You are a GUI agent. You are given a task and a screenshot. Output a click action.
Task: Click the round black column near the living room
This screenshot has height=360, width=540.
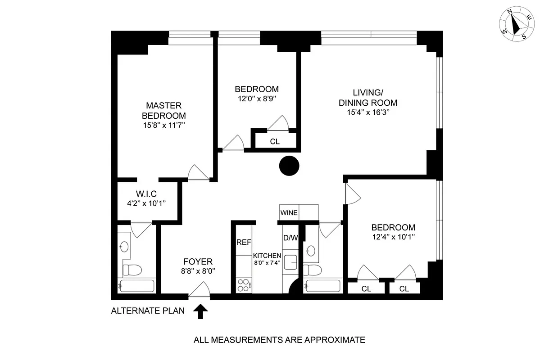(x=289, y=166)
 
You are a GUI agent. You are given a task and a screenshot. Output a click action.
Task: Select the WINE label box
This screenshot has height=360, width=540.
(x=289, y=212)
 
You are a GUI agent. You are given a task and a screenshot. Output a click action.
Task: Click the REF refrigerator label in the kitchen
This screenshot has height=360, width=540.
(x=244, y=242)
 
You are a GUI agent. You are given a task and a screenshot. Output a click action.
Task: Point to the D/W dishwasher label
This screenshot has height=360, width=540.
(x=290, y=238)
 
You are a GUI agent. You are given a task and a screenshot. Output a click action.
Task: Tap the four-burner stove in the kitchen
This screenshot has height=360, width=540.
(x=244, y=285)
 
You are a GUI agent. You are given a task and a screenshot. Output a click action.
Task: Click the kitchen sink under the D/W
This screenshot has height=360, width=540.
(x=291, y=261)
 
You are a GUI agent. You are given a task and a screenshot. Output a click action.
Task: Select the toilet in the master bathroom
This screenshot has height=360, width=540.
(x=132, y=270)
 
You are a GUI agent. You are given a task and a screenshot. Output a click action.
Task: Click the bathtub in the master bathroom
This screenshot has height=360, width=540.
(x=136, y=286)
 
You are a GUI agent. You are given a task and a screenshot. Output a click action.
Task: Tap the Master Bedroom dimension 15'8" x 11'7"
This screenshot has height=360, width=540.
(x=163, y=126)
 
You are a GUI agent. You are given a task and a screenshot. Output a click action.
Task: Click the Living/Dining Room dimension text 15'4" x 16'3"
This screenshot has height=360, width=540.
(x=368, y=112)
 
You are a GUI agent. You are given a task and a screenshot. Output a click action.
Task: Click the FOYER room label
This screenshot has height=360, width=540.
(x=198, y=261)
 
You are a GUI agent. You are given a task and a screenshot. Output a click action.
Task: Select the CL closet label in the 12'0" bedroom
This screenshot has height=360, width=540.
(x=275, y=141)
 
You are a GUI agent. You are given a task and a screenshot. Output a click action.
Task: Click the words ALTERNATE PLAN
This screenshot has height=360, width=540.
(x=148, y=310)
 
